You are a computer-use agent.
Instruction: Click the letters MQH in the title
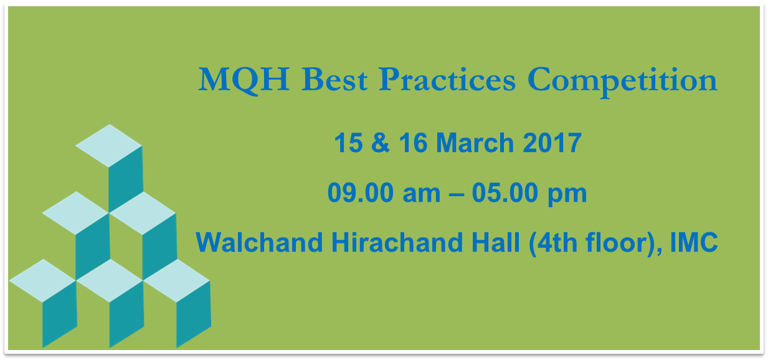pos(244,80)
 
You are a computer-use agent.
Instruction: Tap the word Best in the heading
pos(334,80)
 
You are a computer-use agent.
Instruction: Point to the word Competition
pos(623,82)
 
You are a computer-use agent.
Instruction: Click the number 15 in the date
pos(348,143)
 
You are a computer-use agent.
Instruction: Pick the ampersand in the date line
pos(381,143)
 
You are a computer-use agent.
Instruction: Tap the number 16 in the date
pos(413,143)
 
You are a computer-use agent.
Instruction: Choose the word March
pos(475,143)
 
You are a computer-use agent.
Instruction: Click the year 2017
pos(552,143)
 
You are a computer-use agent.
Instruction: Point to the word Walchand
pos(259,242)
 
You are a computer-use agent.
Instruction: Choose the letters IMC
pos(694,242)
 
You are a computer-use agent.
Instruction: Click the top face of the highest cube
pos(108,146)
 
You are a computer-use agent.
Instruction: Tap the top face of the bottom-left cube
pos(42,281)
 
